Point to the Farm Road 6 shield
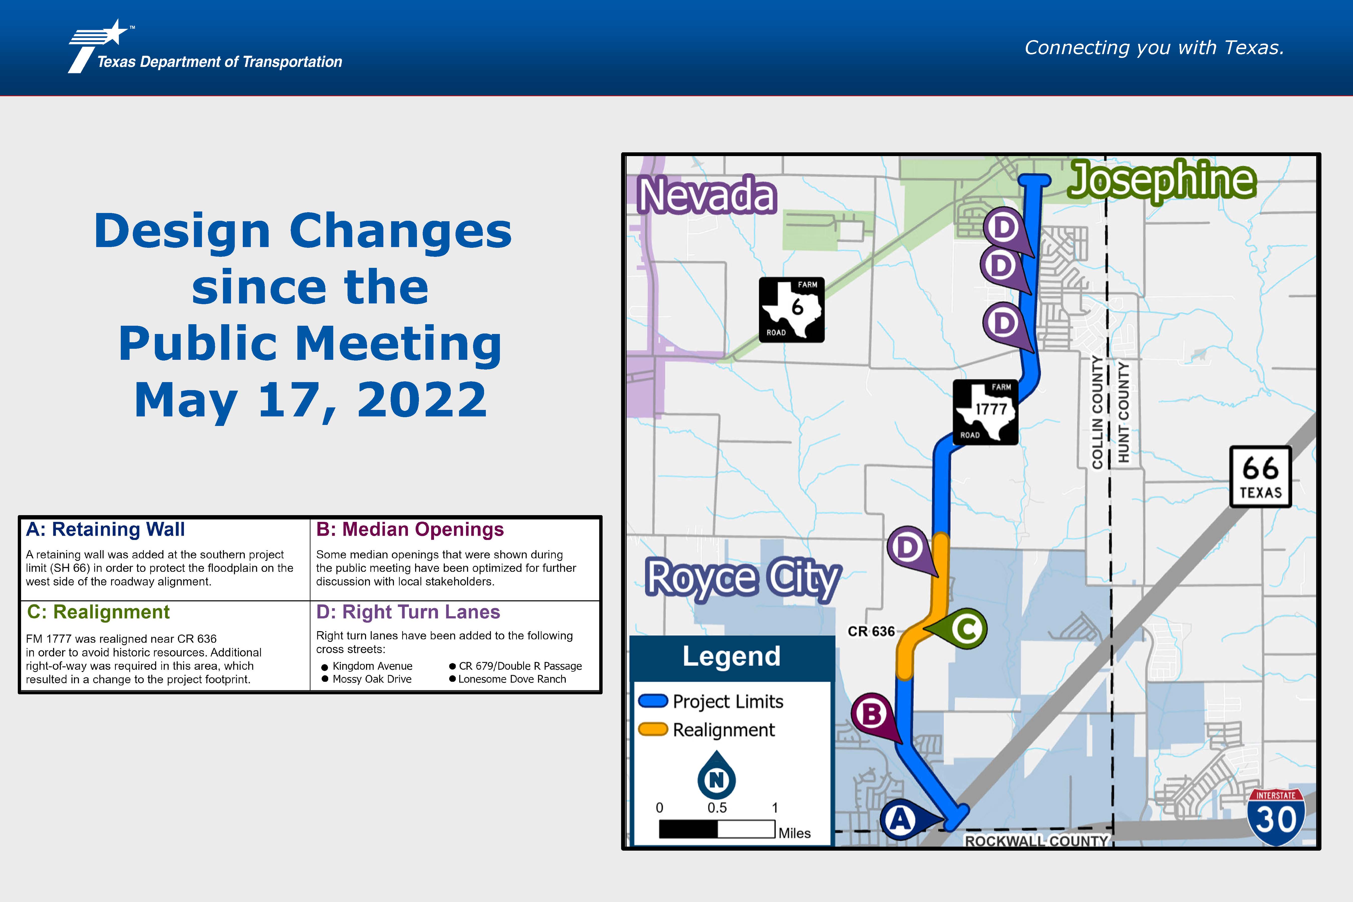[792, 309]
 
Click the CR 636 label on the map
[871, 631]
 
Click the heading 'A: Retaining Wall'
[105, 529]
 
